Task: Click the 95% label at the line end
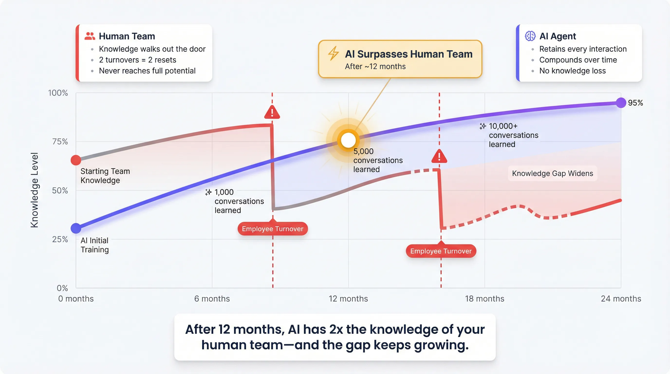(x=635, y=103)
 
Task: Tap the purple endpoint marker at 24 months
(x=621, y=103)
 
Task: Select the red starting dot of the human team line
(x=76, y=160)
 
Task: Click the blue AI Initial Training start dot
(x=76, y=228)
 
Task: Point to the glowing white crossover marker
(x=348, y=140)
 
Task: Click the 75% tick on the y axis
(x=60, y=141)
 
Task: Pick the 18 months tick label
(x=484, y=299)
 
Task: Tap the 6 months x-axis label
(x=212, y=299)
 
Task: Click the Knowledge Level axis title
(x=34, y=190)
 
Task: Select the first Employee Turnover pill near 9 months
(x=272, y=229)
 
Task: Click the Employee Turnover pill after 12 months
(x=441, y=251)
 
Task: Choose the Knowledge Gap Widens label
(x=552, y=173)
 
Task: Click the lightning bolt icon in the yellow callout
(x=333, y=53)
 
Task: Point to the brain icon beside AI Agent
(x=530, y=36)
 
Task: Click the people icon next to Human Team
(x=90, y=36)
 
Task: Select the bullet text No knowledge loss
(x=572, y=71)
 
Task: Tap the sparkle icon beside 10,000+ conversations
(x=483, y=126)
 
